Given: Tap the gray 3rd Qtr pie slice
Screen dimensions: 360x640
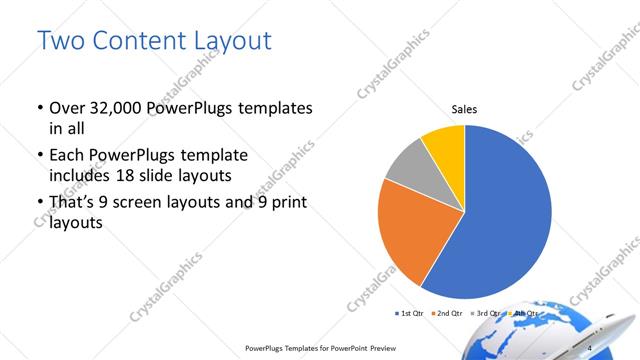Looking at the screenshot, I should (x=408, y=168).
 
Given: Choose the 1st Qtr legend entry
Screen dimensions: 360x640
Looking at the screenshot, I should (x=410, y=314).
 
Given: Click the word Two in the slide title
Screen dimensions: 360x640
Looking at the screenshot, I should (x=62, y=42).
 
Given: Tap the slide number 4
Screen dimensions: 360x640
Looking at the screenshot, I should (x=590, y=346).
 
